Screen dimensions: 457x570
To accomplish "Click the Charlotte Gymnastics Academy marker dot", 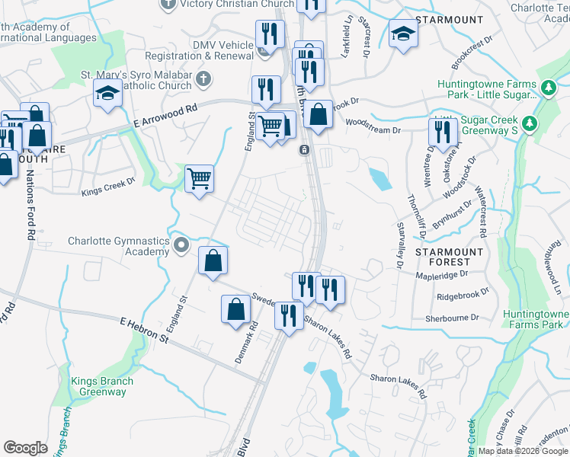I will [181, 245].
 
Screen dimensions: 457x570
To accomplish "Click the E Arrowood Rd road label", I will [165, 116].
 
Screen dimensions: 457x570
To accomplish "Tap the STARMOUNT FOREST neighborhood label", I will [449, 257].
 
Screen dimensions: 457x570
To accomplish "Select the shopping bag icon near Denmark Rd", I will [235, 309].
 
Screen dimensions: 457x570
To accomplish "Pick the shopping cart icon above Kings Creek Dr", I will [199, 179].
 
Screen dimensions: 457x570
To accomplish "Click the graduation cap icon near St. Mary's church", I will [108, 94].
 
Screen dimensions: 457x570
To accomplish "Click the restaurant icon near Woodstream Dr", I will [442, 132].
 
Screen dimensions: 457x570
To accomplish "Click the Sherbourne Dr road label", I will [453, 317].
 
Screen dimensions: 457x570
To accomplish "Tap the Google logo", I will [25, 448].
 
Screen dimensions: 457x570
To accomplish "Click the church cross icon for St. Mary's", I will [203, 78].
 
